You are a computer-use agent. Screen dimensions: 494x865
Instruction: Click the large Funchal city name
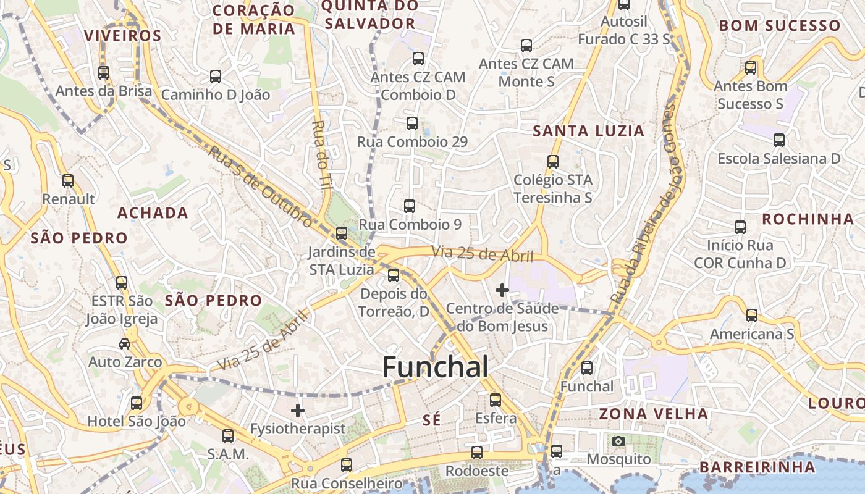[435, 367]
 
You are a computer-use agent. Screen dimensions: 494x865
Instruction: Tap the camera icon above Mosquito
[618, 441]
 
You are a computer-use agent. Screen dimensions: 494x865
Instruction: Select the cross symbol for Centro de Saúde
[502, 289]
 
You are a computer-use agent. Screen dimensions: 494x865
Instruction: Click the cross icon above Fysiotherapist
[298, 410]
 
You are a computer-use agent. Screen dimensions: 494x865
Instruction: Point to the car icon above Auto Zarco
[125, 343]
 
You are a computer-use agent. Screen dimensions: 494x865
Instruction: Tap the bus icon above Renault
[68, 181]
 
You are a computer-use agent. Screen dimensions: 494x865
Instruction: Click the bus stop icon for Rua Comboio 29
[412, 124]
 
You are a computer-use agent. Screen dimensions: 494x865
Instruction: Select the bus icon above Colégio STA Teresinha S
[553, 162]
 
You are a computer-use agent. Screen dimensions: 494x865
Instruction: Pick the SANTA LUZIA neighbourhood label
[588, 131]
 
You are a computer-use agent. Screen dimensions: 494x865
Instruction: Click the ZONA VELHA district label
[654, 414]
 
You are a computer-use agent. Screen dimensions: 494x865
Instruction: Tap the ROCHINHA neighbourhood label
[808, 219]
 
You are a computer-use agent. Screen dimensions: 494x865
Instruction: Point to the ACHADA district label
[153, 213]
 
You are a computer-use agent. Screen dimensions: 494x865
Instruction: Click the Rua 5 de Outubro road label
[259, 185]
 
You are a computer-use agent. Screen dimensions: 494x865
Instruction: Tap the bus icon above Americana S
[752, 316]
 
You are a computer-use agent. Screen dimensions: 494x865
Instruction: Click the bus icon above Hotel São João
[137, 403]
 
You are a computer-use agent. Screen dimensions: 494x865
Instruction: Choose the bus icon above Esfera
[496, 400]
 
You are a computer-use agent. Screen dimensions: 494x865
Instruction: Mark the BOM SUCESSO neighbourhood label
[780, 26]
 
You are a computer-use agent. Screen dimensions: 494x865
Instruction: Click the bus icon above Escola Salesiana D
[779, 140]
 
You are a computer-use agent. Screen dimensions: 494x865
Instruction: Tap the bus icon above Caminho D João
[216, 77]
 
